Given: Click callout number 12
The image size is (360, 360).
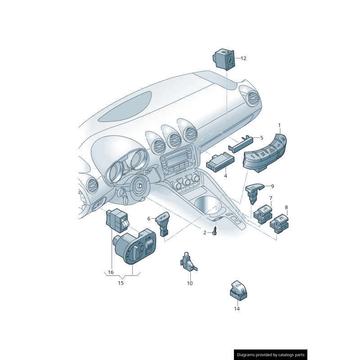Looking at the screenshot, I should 243,58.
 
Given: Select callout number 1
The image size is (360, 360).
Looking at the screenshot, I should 279,125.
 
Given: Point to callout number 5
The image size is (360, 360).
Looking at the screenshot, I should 261,138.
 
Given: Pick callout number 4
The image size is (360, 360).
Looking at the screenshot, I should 225,176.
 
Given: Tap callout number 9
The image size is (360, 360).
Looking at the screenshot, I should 272,186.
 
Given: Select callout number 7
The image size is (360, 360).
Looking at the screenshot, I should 271,198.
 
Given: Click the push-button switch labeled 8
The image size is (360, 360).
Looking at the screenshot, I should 280,223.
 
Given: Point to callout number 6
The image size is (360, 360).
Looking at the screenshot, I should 148,219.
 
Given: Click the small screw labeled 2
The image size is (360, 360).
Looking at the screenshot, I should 215,232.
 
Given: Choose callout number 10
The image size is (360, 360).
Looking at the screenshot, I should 189,283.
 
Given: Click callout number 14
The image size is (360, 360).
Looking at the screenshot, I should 237,309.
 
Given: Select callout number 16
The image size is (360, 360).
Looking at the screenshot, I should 111,272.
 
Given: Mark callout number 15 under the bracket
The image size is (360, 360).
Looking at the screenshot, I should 121,283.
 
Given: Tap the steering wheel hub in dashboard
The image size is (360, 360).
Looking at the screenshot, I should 140,185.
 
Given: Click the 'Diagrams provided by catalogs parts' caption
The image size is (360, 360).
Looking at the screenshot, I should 270,355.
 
